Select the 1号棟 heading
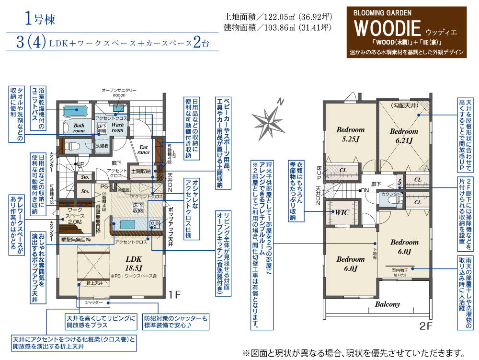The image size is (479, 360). coord(40,20)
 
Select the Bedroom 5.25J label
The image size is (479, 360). coord(350,134)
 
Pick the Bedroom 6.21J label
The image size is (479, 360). coord(404,136)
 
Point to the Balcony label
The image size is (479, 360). coord(387,304)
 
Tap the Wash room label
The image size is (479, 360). coord(117,127)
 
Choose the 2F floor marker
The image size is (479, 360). coord(426,327)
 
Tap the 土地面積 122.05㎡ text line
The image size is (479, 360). coord(277,17)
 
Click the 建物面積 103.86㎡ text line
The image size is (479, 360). coord(277,27)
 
